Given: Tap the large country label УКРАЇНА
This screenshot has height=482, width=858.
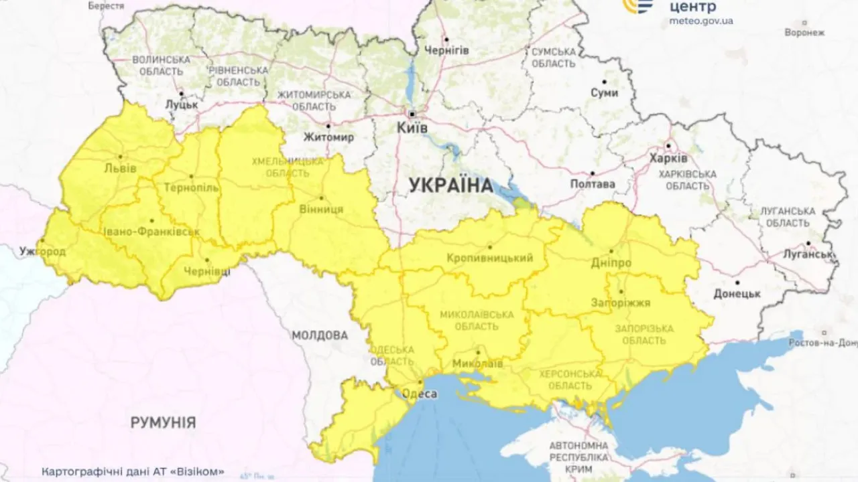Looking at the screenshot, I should click(x=450, y=185).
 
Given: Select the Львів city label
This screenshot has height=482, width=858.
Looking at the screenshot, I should click(x=121, y=168).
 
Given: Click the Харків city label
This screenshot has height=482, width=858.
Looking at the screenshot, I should click(x=668, y=159).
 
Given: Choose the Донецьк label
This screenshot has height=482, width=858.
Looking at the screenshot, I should click(x=737, y=293).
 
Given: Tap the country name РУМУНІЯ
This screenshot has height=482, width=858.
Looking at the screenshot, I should click(x=164, y=422).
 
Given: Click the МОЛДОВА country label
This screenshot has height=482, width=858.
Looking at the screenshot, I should click(x=320, y=335).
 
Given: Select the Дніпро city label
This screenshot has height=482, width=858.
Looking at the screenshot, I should click(x=611, y=263).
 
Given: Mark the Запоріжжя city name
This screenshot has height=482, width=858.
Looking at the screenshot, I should click(x=621, y=303).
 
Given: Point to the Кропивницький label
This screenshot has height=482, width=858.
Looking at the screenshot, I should click(x=490, y=258).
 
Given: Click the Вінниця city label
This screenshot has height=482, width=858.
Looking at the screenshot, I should click(x=322, y=210).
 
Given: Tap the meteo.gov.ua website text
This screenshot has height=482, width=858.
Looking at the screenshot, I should click(x=701, y=21).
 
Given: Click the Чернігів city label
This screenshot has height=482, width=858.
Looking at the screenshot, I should click(x=446, y=50).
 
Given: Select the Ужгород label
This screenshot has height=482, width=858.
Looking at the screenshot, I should click(x=43, y=252).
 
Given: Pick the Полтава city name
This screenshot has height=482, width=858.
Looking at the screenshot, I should click(x=593, y=183).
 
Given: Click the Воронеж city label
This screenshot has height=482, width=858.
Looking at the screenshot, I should click(x=804, y=31).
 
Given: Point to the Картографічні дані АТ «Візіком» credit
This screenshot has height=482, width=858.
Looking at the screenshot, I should click(x=133, y=471).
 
